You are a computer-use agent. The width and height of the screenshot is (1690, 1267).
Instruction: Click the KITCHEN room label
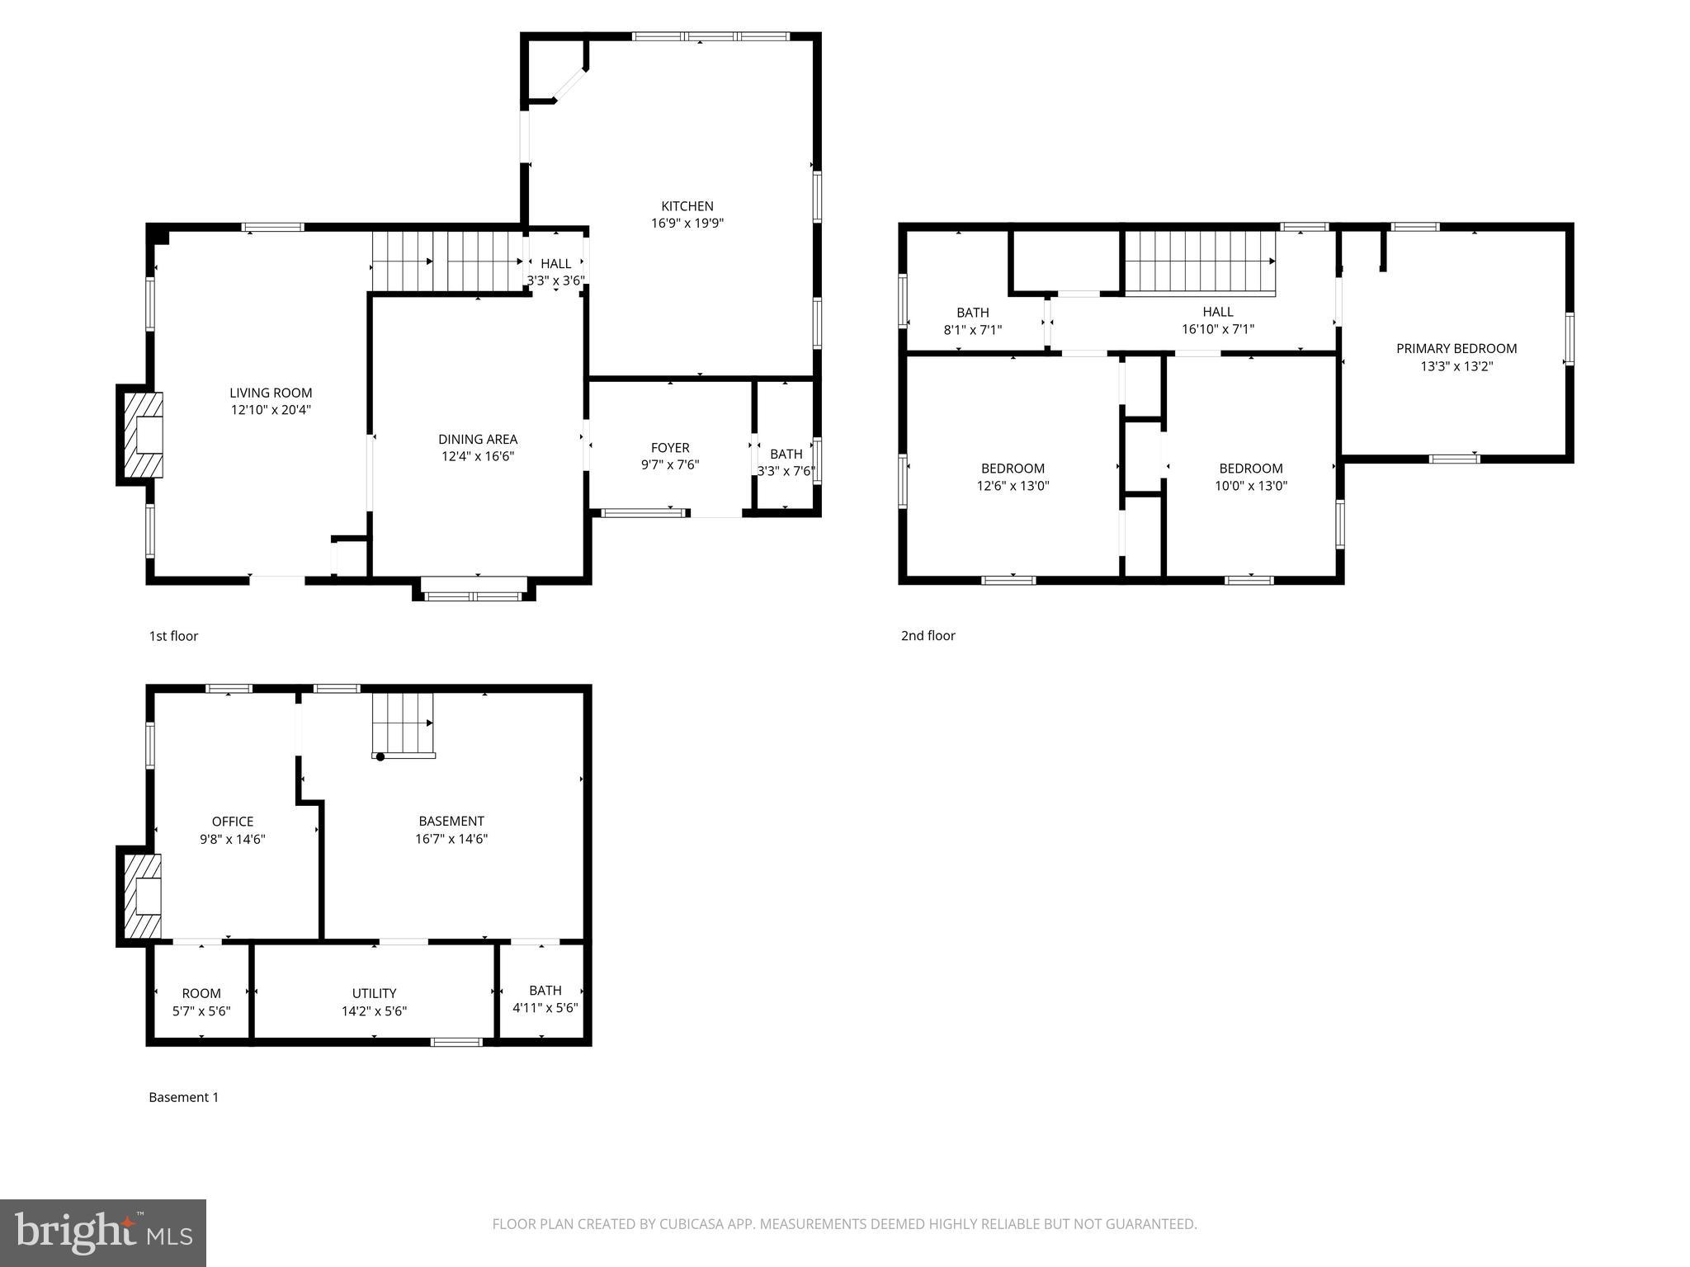point(687,206)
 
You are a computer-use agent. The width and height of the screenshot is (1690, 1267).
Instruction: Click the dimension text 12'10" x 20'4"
point(271,409)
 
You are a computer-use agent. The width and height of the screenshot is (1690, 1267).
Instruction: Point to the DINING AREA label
point(478,439)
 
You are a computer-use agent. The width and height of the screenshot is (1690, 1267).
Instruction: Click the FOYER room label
point(669,448)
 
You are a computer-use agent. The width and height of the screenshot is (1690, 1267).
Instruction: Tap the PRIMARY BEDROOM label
point(1456,348)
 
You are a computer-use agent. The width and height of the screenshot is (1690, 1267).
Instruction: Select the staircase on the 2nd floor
point(1200,261)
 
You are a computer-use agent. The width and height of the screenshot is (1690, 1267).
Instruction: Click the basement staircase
point(403,723)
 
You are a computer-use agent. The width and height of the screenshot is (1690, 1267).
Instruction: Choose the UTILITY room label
point(374,993)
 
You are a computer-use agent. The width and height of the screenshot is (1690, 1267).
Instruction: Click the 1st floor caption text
point(173,636)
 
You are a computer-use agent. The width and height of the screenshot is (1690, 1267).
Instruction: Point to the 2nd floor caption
point(928,635)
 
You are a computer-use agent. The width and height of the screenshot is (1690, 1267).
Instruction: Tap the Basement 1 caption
point(183,1097)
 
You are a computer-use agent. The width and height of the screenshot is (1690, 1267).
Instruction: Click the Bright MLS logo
point(103,1232)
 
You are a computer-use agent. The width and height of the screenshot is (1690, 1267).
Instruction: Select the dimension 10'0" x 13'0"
point(1250,486)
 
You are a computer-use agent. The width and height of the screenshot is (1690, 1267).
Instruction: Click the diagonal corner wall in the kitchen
point(569,85)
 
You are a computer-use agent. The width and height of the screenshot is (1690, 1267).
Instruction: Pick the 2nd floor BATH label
point(972,313)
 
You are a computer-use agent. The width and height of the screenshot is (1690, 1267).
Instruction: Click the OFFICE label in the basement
point(232,822)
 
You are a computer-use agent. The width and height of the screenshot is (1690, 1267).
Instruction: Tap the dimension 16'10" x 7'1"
point(1217,329)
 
